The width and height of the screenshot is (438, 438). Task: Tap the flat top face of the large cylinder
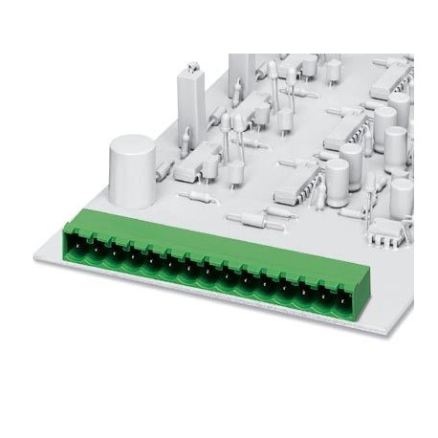pos(130,145)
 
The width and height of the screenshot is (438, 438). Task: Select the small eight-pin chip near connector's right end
pos(387,228)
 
